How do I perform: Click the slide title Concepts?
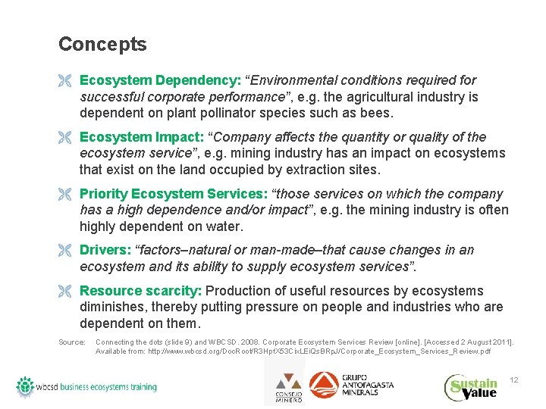coord(102,45)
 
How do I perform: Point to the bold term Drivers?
coord(105,250)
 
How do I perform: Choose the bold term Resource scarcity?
coord(140,291)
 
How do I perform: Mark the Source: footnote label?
coord(71,342)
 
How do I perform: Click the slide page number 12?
coord(513,379)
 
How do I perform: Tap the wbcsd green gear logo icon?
coord(27,386)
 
